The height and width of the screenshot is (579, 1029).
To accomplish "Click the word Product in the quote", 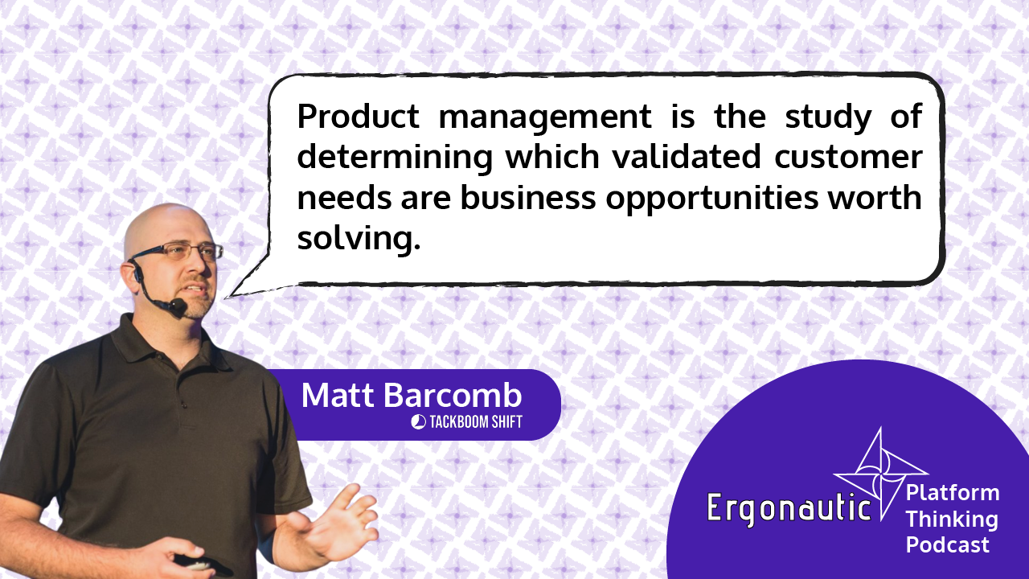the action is [x=359, y=117].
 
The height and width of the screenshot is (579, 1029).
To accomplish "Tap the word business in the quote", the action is [x=528, y=198].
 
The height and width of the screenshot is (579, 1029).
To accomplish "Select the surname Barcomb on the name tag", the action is [x=453, y=395].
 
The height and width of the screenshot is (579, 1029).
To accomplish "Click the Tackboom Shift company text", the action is [x=476, y=422].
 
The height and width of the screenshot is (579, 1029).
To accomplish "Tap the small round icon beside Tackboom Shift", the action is [x=419, y=422].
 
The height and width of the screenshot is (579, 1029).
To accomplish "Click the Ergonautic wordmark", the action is [x=789, y=507].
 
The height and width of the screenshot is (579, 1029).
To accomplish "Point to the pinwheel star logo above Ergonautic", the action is [x=879, y=474].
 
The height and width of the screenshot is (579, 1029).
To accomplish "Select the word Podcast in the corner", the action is [x=947, y=545].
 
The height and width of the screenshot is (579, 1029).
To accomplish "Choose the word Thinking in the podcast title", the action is [x=952, y=519].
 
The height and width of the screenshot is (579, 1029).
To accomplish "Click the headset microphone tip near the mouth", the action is [x=178, y=306].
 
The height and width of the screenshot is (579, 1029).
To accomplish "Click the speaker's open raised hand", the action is [x=338, y=519].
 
